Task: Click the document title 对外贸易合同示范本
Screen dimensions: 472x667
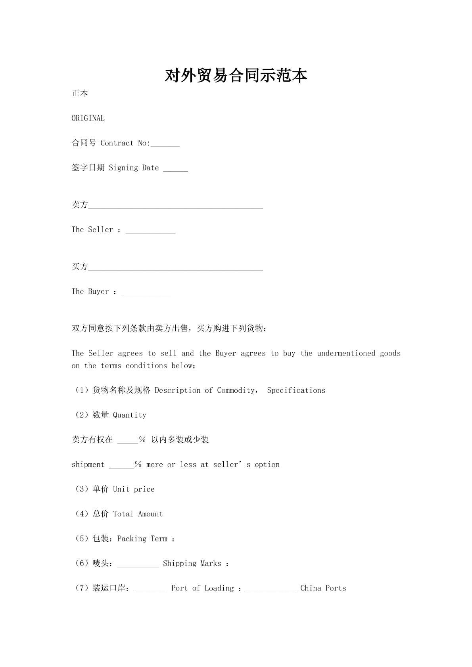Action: (236, 75)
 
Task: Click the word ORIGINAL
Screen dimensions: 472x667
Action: (88, 118)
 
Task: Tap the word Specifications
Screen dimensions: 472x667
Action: (296, 390)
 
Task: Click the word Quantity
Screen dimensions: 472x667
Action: (130, 415)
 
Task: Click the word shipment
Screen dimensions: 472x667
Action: (88, 464)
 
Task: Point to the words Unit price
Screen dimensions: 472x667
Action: (134, 489)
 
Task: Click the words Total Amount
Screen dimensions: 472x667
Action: (138, 514)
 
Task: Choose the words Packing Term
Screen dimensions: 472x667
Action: (142, 539)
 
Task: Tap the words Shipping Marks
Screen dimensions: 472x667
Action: (192, 563)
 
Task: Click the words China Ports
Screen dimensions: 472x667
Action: (323, 588)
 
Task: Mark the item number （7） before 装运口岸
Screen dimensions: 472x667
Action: (82, 588)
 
